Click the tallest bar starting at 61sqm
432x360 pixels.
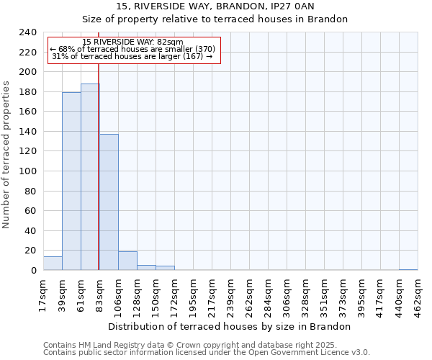click(x=90, y=177)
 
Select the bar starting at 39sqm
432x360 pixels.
click(x=71, y=181)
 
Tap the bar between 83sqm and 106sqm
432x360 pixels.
click(x=109, y=202)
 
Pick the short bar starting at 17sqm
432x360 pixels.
click(x=53, y=264)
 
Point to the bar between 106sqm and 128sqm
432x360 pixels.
click(x=127, y=261)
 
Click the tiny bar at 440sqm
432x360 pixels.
click(x=408, y=269)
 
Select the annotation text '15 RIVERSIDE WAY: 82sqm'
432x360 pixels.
click(x=132, y=42)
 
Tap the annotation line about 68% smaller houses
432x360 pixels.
click(x=132, y=50)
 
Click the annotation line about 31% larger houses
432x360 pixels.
click(x=132, y=57)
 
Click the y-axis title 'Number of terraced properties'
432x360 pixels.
click(x=6, y=154)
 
